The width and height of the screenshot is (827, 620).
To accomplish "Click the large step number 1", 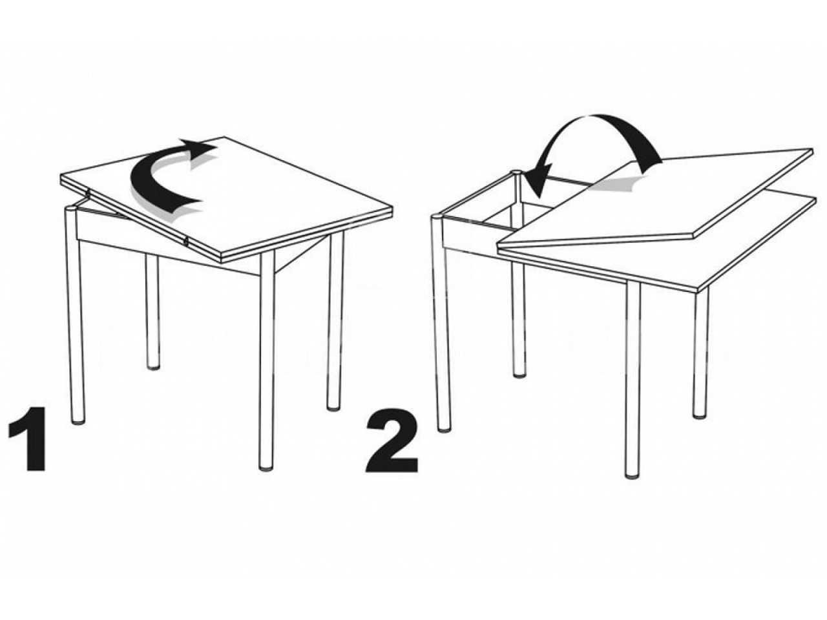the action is pyautogui.click(x=29, y=439).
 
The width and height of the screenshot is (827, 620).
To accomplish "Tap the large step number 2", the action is pyautogui.click(x=392, y=440).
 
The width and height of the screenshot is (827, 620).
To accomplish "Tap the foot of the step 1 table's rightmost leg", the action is pyautogui.click(x=333, y=408).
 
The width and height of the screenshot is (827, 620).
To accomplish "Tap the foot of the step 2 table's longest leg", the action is pyautogui.click(x=633, y=475).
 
